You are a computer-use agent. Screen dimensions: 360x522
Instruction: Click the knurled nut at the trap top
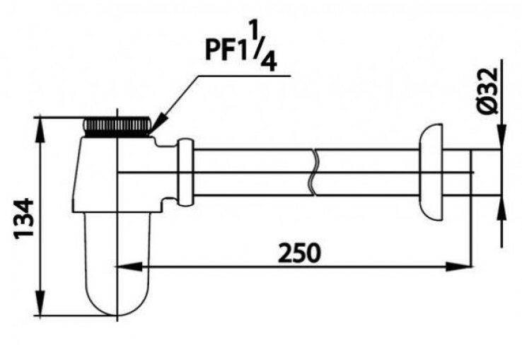117,127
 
